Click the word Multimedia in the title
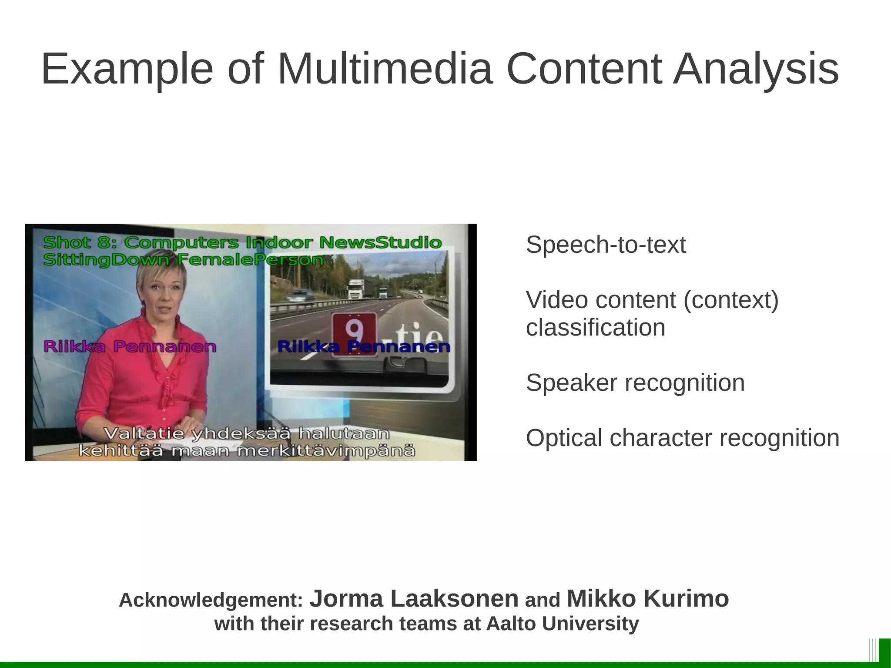click(385, 69)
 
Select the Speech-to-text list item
click(606, 245)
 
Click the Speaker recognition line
click(635, 383)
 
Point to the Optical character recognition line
click(682, 438)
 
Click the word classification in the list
click(595, 328)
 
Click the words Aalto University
click(562, 624)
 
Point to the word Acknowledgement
click(211, 600)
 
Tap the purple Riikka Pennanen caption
click(130, 347)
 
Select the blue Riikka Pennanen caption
click(364, 347)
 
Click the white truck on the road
click(355, 288)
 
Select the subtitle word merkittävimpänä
click(326, 451)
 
